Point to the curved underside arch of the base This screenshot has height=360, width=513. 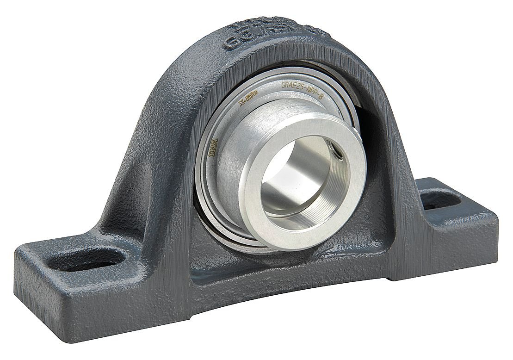coord(278,296)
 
